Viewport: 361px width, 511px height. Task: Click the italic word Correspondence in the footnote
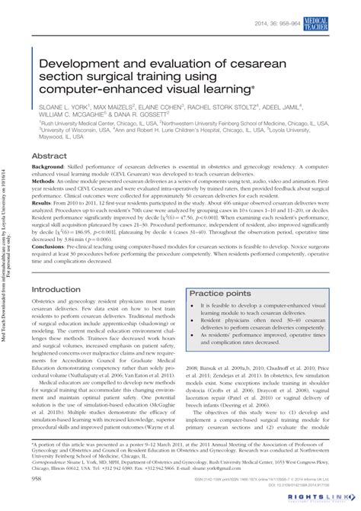click(50, 461)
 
